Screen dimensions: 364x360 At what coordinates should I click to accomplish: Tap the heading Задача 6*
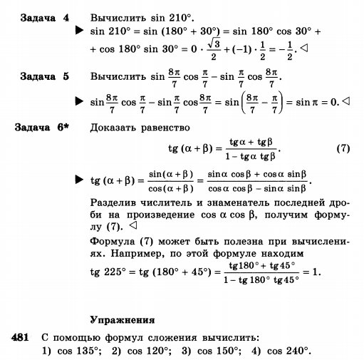pos(47,129)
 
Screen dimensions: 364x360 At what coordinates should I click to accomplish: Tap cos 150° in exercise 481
pos(217,350)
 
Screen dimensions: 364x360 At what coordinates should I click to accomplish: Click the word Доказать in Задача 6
pos(115,129)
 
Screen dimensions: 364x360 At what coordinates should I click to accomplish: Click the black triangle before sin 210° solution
pos(80,32)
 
